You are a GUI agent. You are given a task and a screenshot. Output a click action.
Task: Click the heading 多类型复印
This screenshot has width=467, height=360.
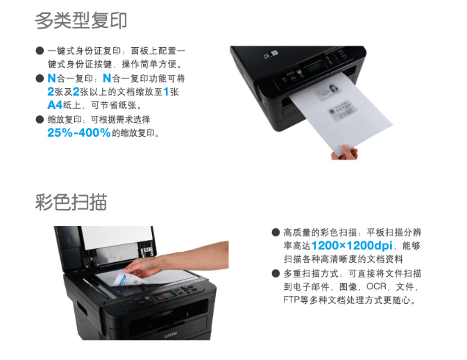[81, 21]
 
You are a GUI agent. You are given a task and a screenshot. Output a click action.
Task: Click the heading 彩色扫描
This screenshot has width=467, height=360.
[71, 202]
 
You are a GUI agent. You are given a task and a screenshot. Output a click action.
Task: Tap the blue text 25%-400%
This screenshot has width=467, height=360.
[79, 132]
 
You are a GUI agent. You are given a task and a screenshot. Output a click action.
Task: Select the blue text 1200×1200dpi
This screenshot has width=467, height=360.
[351, 246]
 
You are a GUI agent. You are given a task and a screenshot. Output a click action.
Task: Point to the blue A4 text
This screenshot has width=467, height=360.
[55, 105]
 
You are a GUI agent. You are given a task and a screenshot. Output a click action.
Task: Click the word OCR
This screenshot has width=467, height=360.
[376, 286]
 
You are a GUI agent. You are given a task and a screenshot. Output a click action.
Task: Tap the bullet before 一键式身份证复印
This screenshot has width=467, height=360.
[40, 51]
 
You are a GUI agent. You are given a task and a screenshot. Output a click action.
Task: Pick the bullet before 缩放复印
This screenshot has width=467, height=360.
[40, 119]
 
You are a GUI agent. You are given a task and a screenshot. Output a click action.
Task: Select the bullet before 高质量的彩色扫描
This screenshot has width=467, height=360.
[275, 232]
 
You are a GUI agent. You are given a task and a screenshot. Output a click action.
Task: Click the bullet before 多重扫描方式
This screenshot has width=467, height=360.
[275, 273]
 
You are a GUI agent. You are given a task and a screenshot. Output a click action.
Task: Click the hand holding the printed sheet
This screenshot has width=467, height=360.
[345, 153]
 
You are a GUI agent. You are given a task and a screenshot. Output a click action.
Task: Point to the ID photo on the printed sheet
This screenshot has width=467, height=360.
[332, 89]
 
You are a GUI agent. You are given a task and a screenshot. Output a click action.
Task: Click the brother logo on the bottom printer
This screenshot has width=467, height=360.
[171, 335]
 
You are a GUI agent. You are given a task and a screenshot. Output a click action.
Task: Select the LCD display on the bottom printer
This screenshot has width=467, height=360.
[164, 297]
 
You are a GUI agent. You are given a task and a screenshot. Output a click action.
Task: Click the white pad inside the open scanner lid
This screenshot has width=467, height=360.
[117, 237]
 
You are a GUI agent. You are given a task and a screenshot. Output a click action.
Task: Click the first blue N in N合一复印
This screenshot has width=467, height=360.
[51, 78]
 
